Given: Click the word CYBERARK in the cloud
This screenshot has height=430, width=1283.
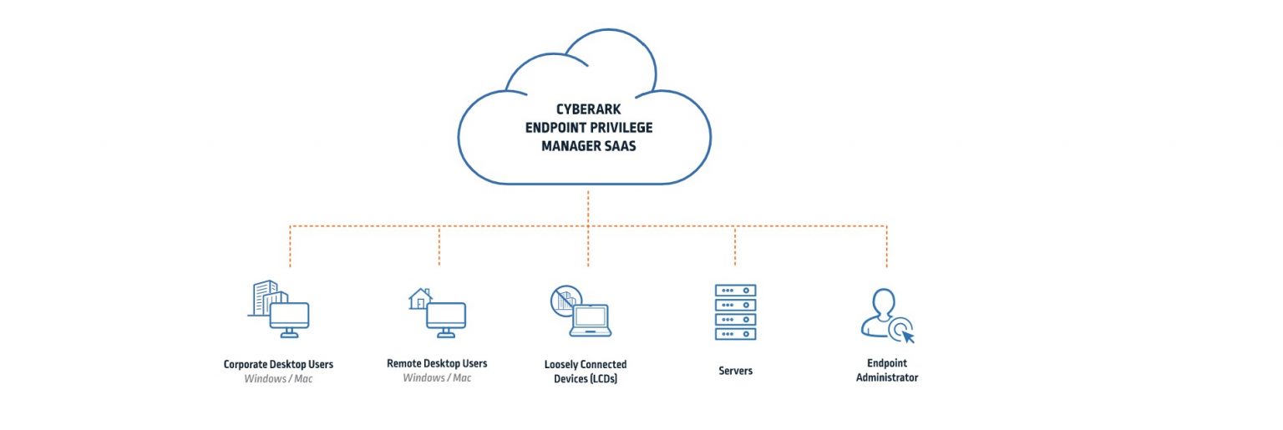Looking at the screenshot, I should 588,109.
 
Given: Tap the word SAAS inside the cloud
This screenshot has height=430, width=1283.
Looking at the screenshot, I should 634,145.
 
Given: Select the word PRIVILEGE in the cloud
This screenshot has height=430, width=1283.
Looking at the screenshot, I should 622,127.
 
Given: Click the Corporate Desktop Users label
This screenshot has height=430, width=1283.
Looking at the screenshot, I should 278,364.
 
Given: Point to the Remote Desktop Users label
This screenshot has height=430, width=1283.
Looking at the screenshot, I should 437,363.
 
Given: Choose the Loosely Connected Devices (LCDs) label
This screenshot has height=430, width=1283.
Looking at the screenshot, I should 586,372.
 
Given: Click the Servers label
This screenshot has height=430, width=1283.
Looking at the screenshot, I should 735,370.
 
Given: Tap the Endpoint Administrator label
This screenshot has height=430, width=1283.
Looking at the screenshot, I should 886,371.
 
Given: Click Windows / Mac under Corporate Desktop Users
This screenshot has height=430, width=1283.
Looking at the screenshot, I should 278,379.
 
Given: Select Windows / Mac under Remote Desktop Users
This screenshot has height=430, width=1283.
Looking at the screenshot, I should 437,378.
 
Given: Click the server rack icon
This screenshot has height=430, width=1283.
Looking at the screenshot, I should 735,311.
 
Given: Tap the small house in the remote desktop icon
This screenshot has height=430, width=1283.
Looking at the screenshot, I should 419,299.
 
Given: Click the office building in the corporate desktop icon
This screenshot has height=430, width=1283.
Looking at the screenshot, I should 266,296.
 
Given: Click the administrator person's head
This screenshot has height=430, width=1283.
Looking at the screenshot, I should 882,301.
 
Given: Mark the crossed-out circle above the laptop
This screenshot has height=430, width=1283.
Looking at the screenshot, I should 565,298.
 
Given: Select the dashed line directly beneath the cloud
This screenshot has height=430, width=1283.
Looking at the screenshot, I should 588,207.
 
